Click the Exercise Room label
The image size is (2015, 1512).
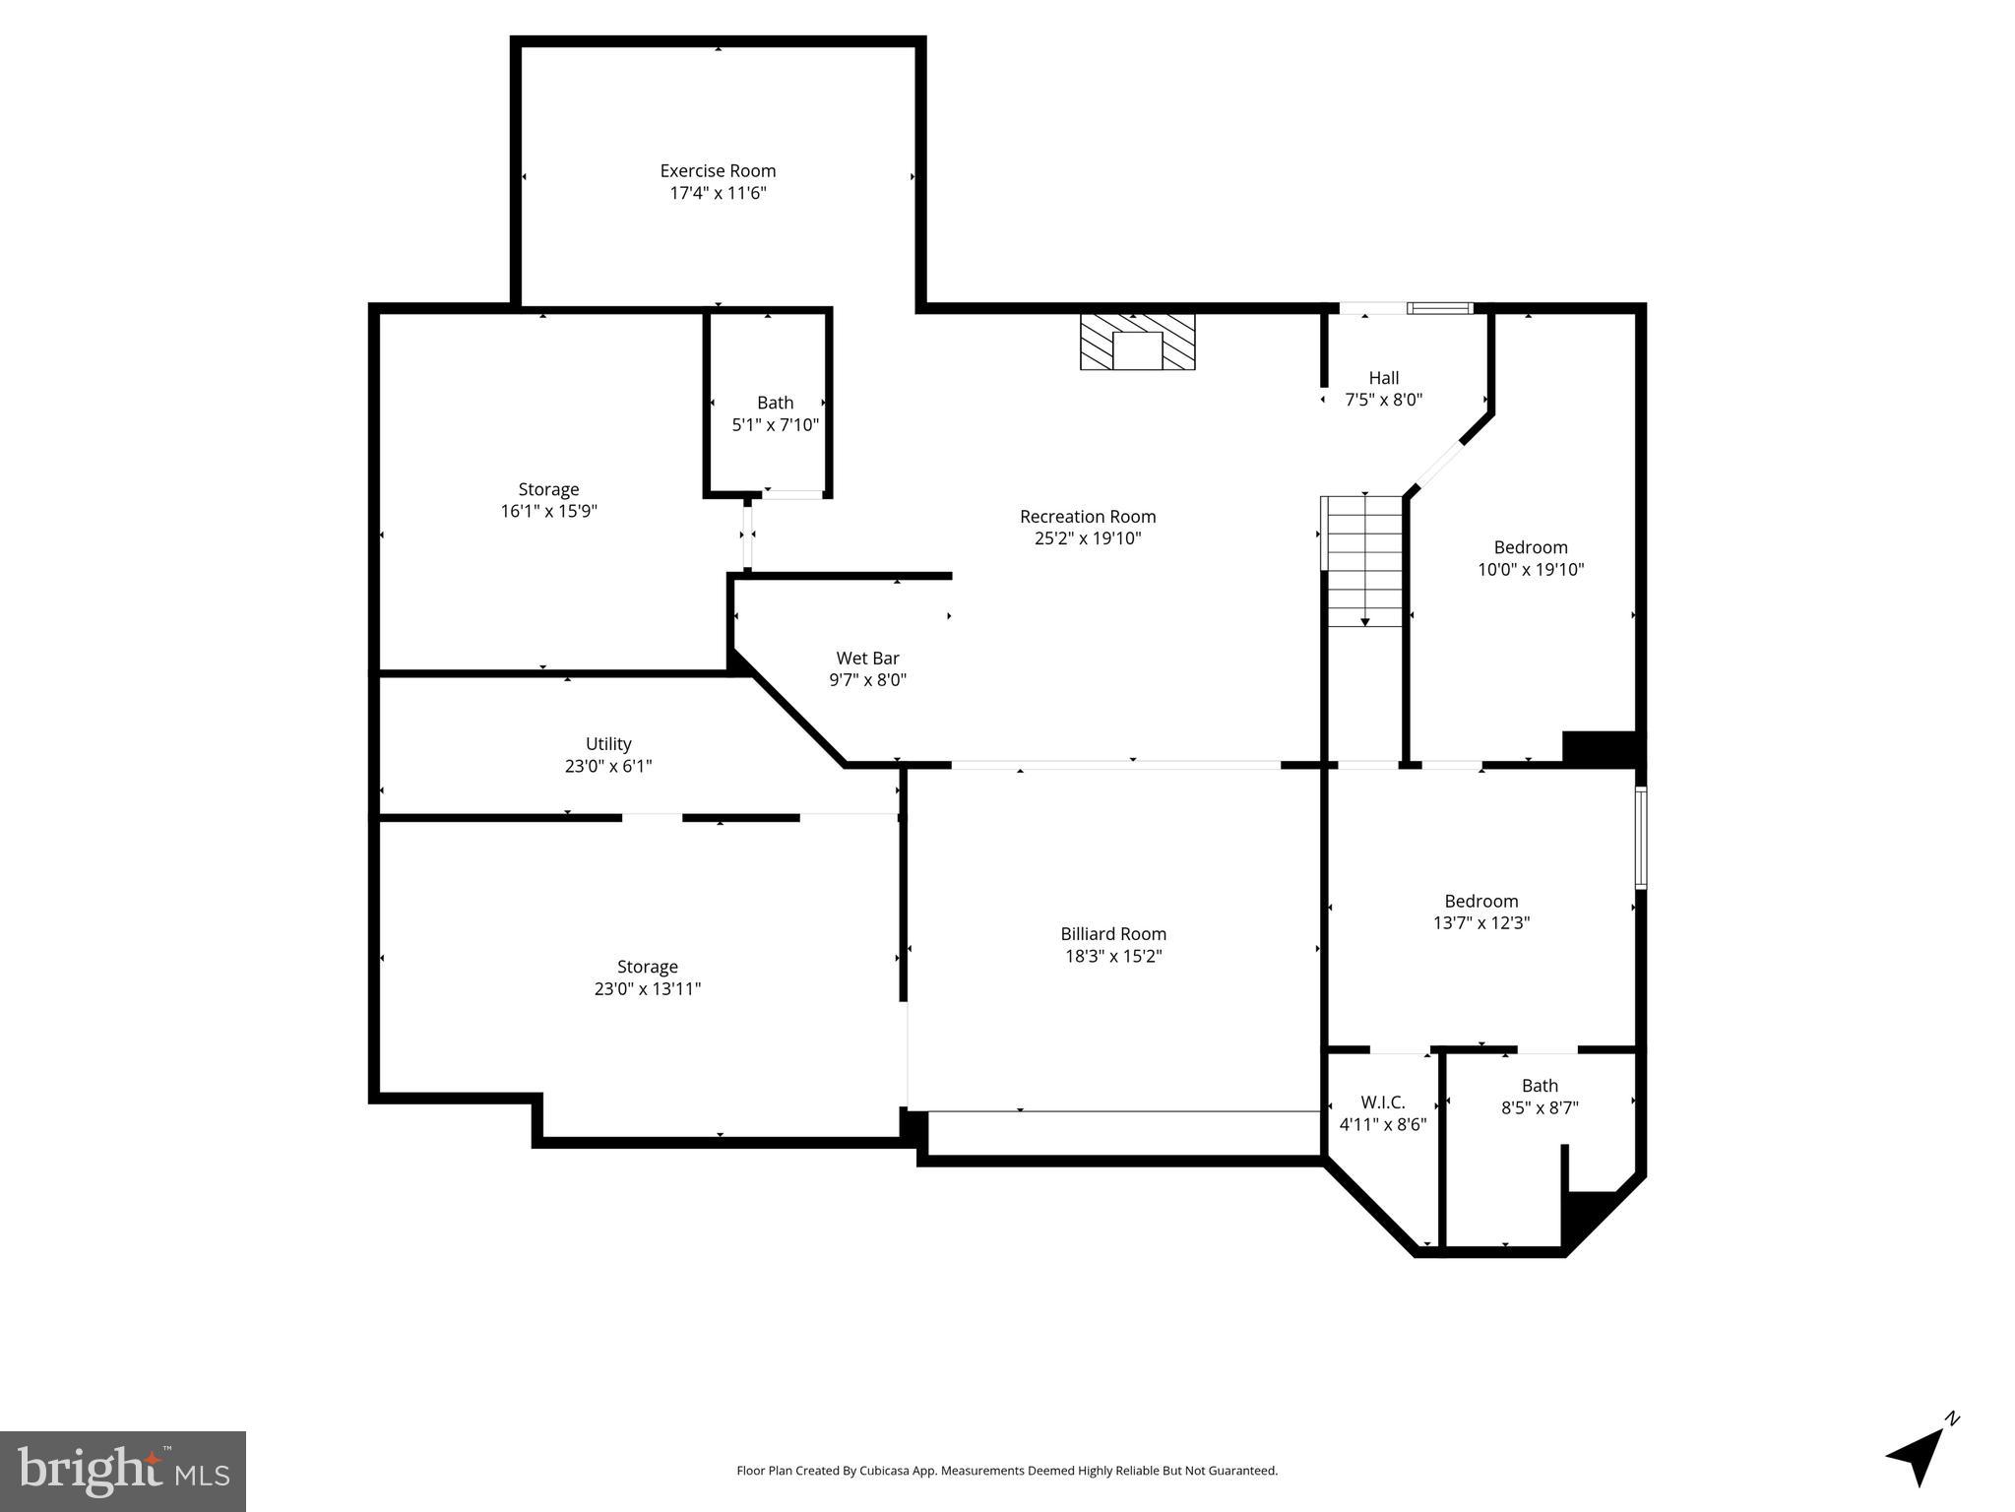point(718,171)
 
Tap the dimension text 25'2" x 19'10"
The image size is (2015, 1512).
point(1088,538)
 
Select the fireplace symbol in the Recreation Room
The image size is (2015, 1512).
point(1137,343)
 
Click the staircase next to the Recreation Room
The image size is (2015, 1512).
point(1364,561)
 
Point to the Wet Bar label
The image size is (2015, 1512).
point(867,659)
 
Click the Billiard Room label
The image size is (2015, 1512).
point(1113,934)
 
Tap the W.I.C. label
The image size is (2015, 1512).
point(1382,1102)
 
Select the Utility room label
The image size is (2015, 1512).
point(608,744)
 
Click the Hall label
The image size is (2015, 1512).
point(1383,378)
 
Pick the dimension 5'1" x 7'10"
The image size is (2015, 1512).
point(775,425)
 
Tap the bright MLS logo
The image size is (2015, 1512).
point(123,1471)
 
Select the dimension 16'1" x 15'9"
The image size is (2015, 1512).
point(548,511)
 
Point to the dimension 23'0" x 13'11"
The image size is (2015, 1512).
point(647,989)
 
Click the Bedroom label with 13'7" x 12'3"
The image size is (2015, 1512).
point(1480,902)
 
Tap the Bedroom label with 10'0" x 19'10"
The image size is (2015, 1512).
point(1530,548)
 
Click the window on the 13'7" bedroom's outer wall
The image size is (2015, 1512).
point(1640,838)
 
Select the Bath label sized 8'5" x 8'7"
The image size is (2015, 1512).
point(1540,1086)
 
